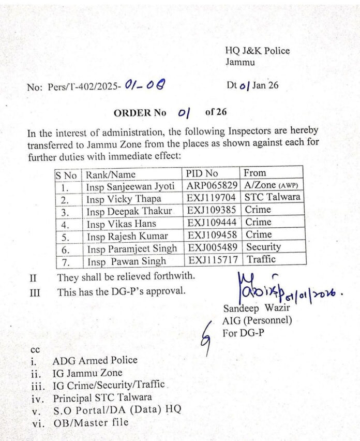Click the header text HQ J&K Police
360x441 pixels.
point(257,51)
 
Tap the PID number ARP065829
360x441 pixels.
point(211,186)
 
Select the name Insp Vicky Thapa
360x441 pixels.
point(124,198)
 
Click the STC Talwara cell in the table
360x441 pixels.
point(273,197)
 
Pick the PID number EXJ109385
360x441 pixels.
point(211,210)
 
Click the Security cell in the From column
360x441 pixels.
point(264,247)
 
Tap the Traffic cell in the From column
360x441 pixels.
point(261,259)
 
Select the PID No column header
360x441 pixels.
point(202,173)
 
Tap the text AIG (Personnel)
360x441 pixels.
point(257,321)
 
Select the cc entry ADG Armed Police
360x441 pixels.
point(95,360)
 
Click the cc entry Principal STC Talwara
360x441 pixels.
point(102,398)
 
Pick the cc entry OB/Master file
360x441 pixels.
point(91,422)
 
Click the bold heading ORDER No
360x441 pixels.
point(140,112)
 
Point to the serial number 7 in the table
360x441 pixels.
point(65,261)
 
